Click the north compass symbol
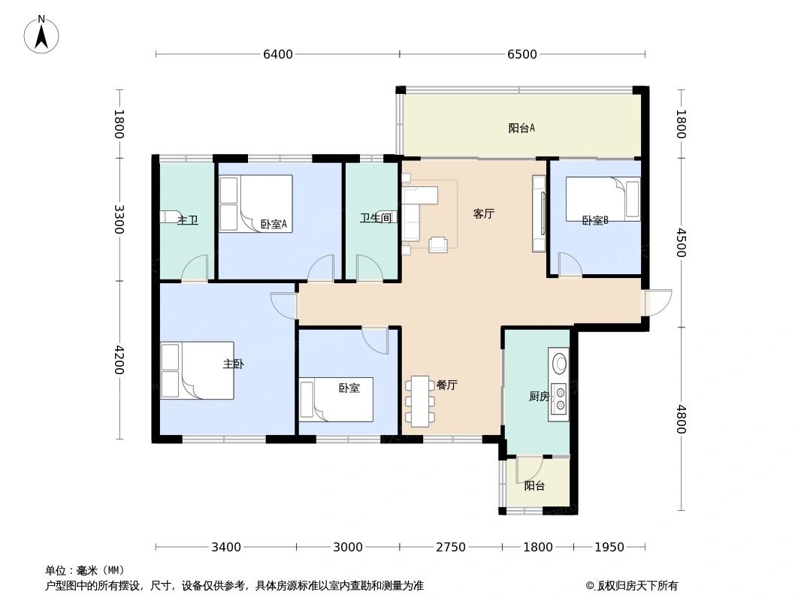(41, 35)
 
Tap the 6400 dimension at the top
(277, 54)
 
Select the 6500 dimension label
(522, 54)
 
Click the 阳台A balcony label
(521, 128)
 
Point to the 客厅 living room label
(483, 213)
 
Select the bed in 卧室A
(255, 204)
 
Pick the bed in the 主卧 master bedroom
(197, 370)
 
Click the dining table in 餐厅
(420, 401)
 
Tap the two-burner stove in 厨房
(559, 398)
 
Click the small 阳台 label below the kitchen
(534, 486)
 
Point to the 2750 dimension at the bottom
(451, 547)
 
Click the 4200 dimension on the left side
(119, 359)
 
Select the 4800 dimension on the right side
(681, 419)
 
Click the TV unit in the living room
(540, 213)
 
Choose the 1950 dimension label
(609, 547)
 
